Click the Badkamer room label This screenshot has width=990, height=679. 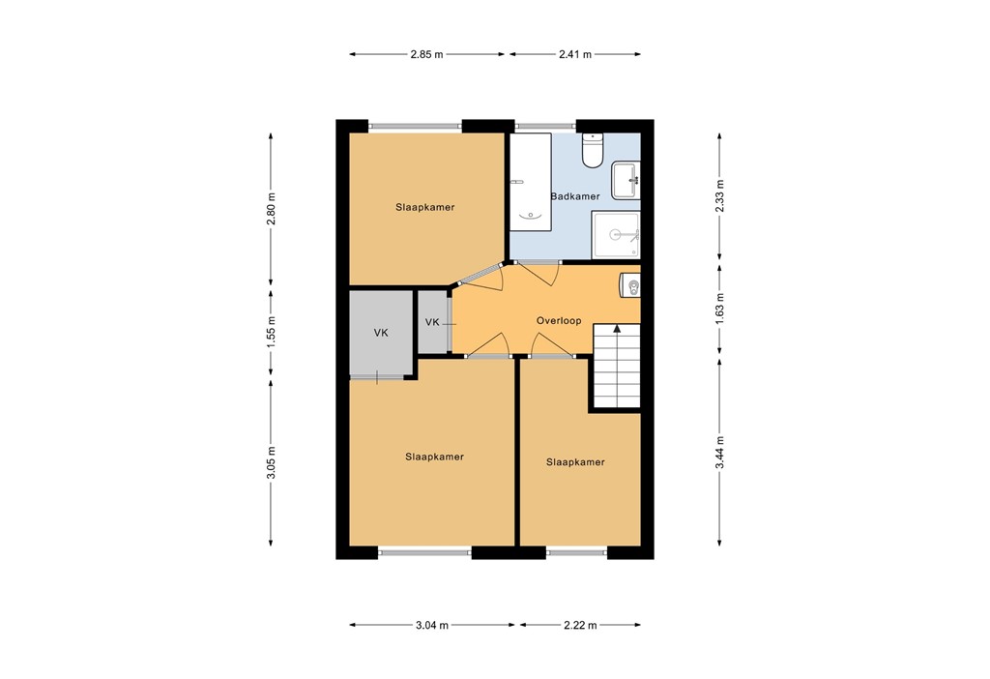[x=574, y=196]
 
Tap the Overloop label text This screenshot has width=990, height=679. [x=558, y=320]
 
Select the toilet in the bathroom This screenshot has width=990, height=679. [x=593, y=150]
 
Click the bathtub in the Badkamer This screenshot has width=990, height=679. [x=529, y=182]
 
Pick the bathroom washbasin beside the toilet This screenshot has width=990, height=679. [x=626, y=179]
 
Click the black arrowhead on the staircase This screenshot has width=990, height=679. [x=616, y=330]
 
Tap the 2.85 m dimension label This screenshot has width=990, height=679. [x=426, y=54]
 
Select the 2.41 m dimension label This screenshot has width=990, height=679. [x=574, y=54]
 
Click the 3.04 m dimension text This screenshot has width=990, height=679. [x=431, y=626]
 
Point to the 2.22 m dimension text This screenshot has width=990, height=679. [x=580, y=626]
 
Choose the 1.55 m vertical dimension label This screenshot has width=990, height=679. [x=272, y=333]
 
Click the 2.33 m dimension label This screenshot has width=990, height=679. [x=719, y=196]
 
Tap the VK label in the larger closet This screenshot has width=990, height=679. [x=381, y=333]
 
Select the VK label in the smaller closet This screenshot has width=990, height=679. [x=432, y=322]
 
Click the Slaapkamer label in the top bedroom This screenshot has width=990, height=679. [x=424, y=207]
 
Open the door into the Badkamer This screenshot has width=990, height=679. [x=543, y=272]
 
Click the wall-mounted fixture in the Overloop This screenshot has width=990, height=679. [x=631, y=286]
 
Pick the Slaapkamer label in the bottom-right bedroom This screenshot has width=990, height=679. [x=575, y=462]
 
